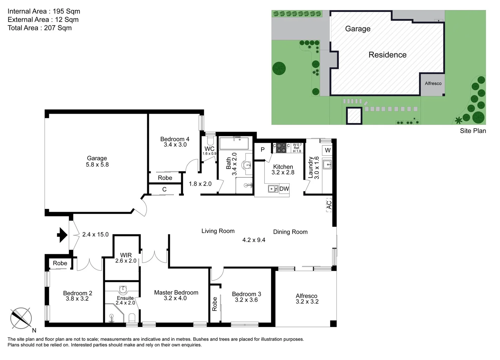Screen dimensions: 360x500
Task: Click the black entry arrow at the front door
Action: pyautogui.click(x=62, y=235)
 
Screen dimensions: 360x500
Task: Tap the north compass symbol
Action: pyautogui.click(x=21, y=318)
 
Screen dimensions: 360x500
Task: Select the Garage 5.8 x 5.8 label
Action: pyautogui.click(x=97, y=161)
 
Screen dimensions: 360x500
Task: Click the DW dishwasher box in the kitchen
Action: pyautogui.click(x=284, y=189)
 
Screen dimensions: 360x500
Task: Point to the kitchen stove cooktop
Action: pyautogui.click(x=281, y=148)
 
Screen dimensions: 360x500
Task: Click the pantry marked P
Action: pyautogui.click(x=262, y=150)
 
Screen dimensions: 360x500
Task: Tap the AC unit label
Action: pyautogui.click(x=329, y=205)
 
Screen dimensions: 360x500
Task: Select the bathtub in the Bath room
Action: pyautogui.click(x=234, y=143)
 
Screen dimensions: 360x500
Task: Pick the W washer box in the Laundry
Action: pyautogui.click(x=327, y=150)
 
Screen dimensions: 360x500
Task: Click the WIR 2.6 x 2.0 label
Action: pyautogui.click(x=126, y=258)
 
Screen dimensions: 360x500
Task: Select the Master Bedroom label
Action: pyautogui.click(x=176, y=295)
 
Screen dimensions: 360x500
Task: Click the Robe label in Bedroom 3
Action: pyautogui.click(x=215, y=304)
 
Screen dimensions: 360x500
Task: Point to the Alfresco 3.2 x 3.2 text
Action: pyautogui.click(x=307, y=299)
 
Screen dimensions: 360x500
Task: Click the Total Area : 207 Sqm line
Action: pyautogui.click(x=40, y=28)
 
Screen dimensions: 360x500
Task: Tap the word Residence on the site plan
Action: pyautogui.click(x=387, y=55)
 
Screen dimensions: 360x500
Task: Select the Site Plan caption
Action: pyautogui.click(x=473, y=131)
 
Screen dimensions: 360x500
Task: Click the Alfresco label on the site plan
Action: pyautogui.click(x=433, y=84)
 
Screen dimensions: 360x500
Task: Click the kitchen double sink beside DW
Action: pyautogui.click(x=273, y=189)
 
